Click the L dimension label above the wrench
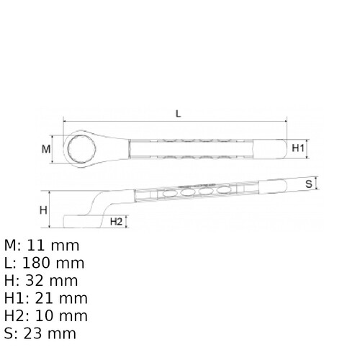click(x=178, y=113)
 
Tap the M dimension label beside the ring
click(x=45, y=149)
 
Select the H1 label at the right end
click(x=299, y=148)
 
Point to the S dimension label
click(x=309, y=184)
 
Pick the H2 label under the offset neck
click(x=116, y=221)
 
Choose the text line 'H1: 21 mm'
click(x=46, y=298)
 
